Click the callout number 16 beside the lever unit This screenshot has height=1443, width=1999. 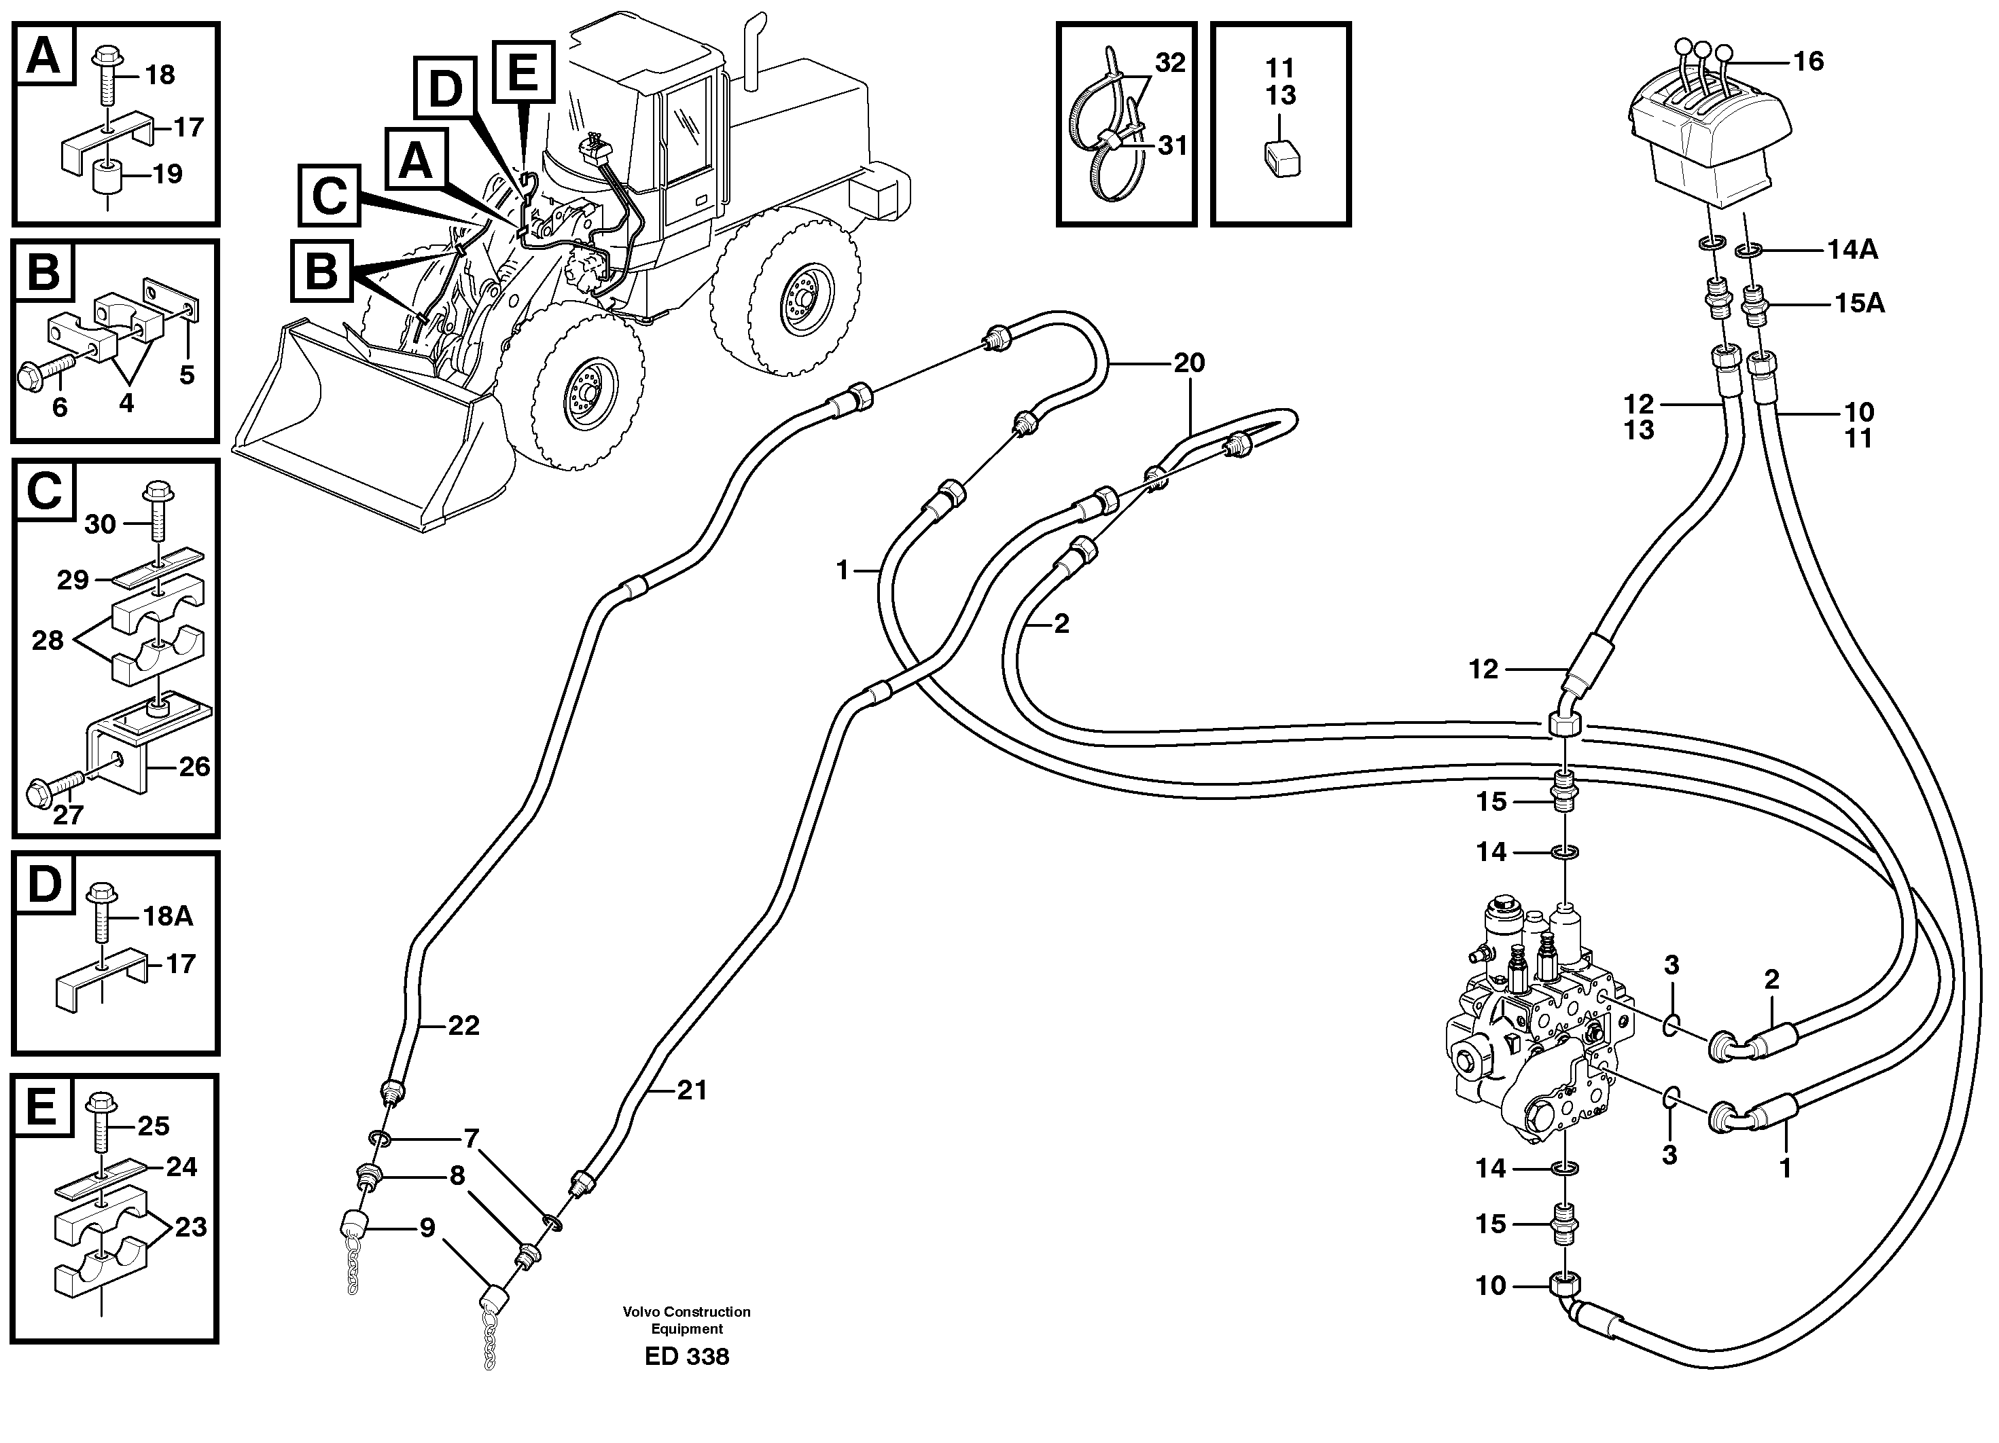tap(1809, 61)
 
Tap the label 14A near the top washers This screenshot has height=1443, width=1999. tap(1852, 250)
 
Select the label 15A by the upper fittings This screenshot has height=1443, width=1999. tap(1859, 304)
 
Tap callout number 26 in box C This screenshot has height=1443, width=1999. tap(194, 767)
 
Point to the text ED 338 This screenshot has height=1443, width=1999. tap(687, 1357)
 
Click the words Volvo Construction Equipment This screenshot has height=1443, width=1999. tap(687, 1319)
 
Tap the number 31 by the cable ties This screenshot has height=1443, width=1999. tap(1172, 145)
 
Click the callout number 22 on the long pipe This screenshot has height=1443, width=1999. tap(463, 1025)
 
